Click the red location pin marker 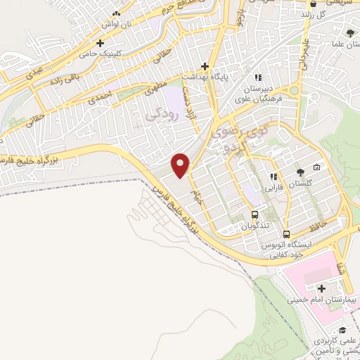tap(181, 165)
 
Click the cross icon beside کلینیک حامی tap(101, 43)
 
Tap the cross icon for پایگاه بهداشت tap(204, 65)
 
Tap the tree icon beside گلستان tap(300, 171)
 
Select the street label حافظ tap(316, 227)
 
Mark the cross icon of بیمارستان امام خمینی tap(321, 288)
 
